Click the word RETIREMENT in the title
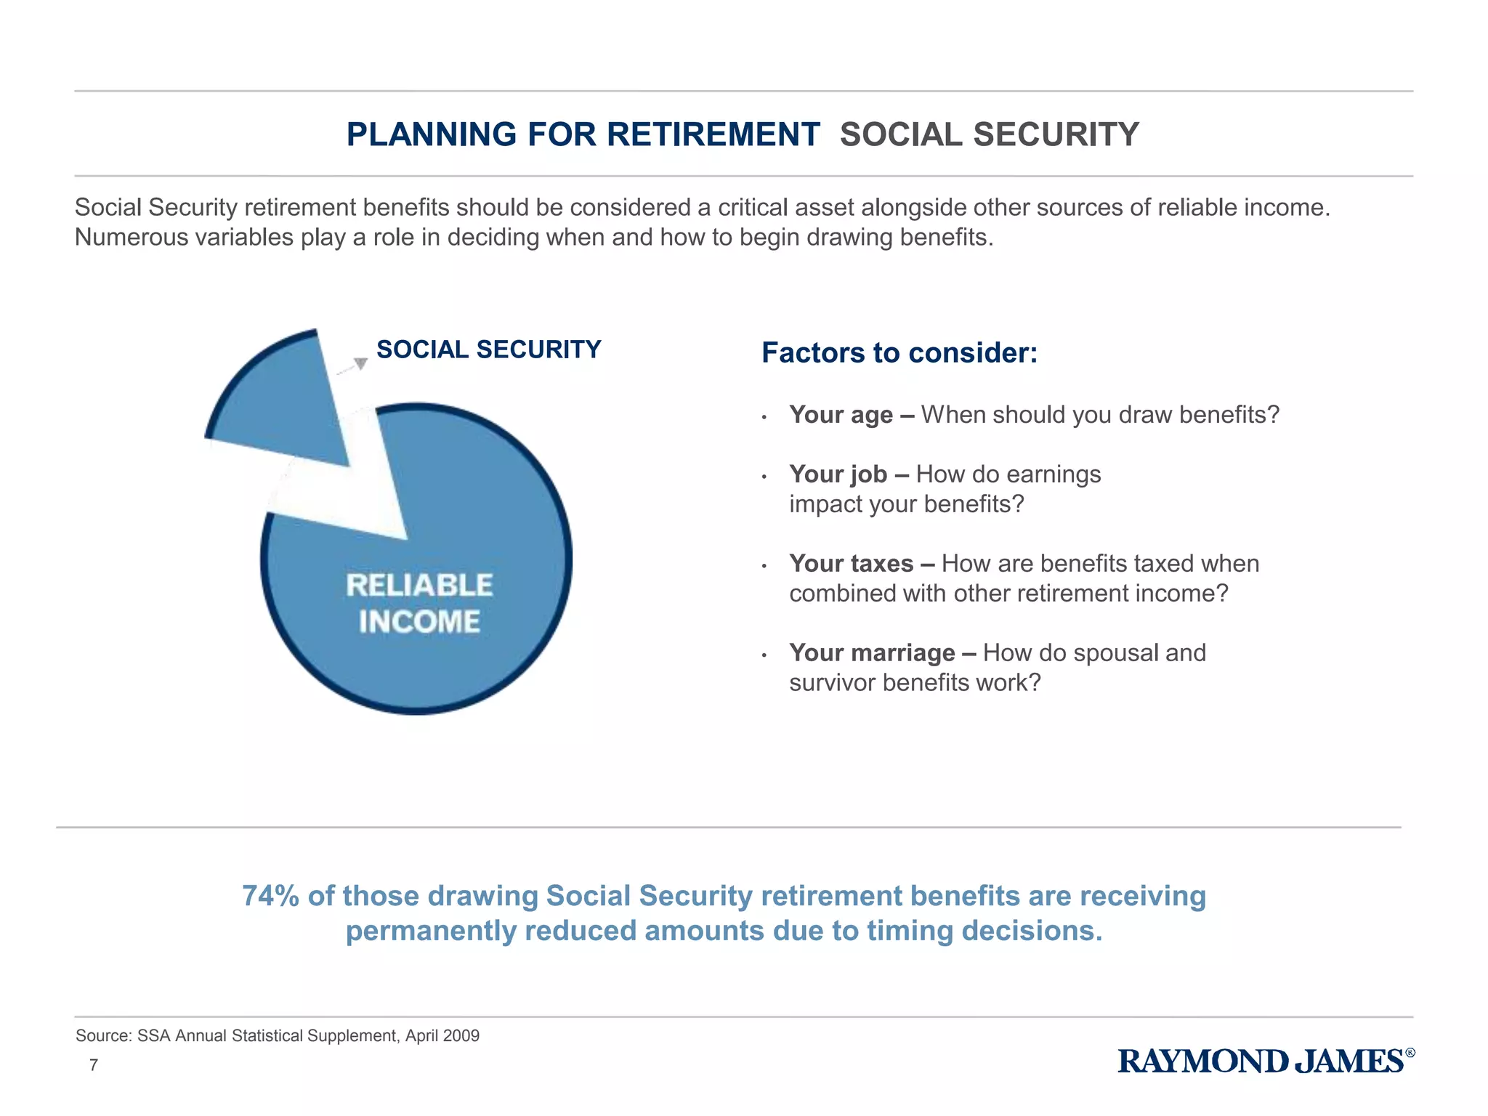[x=713, y=134]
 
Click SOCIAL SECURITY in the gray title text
[x=989, y=134]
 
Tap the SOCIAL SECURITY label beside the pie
[x=488, y=349]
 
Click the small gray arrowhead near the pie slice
[x=360, y=363]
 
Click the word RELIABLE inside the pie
[x=419, y=586]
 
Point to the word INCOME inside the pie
[x=419, y=622]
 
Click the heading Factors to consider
[x=899, y=353]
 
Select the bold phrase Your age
[x=841, y=415]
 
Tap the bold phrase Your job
[x=838, y=474]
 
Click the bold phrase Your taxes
[x=851, y=564]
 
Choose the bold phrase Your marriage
[x=872, y=653]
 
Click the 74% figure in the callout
[x=270, y=896]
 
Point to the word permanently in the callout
[x=431, y=931]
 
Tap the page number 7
[x=94, y=1065]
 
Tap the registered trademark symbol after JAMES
[x=1410, y=1053]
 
